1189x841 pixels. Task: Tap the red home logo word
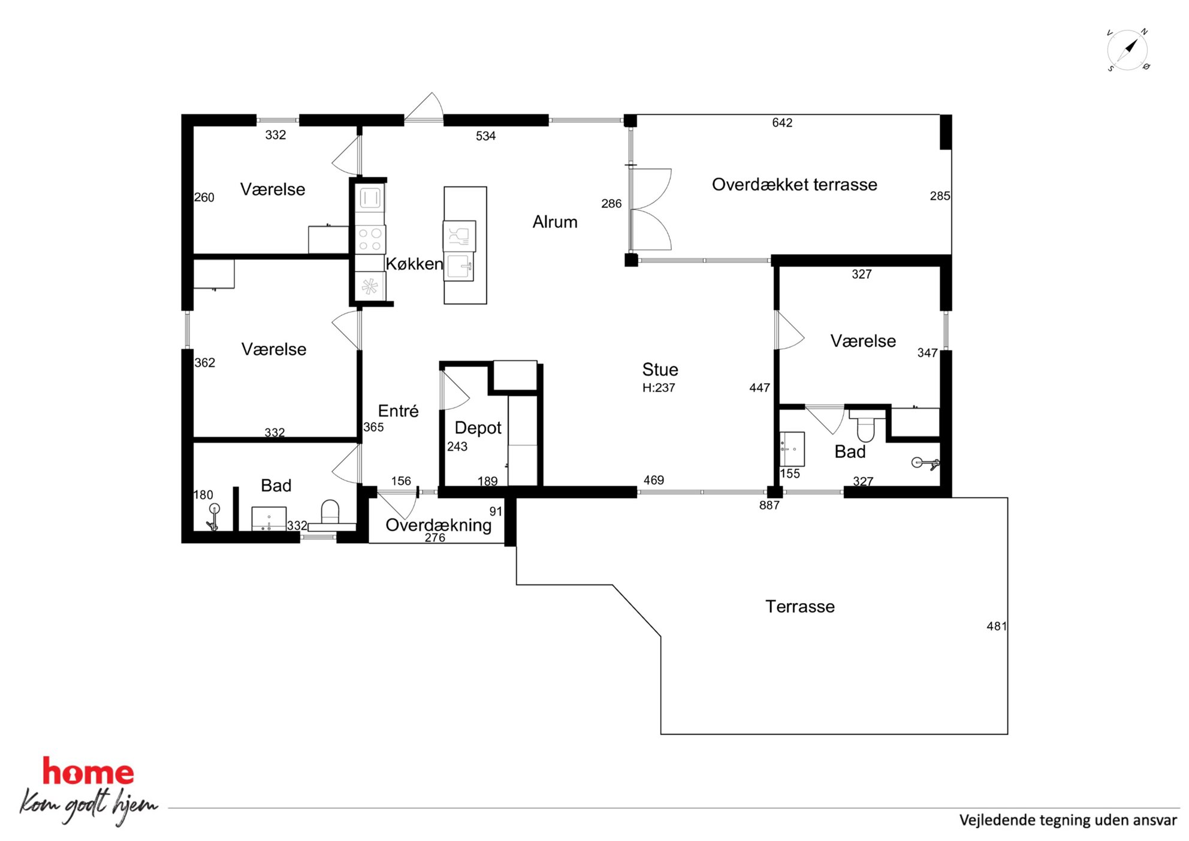point(88,771)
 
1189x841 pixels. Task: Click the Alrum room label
point(555,222)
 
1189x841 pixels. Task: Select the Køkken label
point(414,264)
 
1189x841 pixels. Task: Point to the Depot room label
point(478,428)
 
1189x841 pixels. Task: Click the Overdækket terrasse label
point(794,185)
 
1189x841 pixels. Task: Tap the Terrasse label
point(799,607)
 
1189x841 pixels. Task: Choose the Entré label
point(398,411)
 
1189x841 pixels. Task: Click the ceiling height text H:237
point(659,388)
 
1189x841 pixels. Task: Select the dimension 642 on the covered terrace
point(782,123)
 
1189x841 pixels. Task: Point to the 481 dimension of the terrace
point(997,626)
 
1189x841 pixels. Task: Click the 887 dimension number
point(769,505)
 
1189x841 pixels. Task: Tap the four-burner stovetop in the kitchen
point(370,239)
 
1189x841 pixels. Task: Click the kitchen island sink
point(460,267)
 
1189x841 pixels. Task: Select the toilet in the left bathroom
point(330,513)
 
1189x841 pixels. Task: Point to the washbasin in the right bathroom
point(792,449)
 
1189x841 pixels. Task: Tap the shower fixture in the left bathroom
point(213,517)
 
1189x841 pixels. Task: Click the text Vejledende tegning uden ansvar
point(1068,820)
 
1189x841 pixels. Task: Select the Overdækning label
point(438,525)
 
